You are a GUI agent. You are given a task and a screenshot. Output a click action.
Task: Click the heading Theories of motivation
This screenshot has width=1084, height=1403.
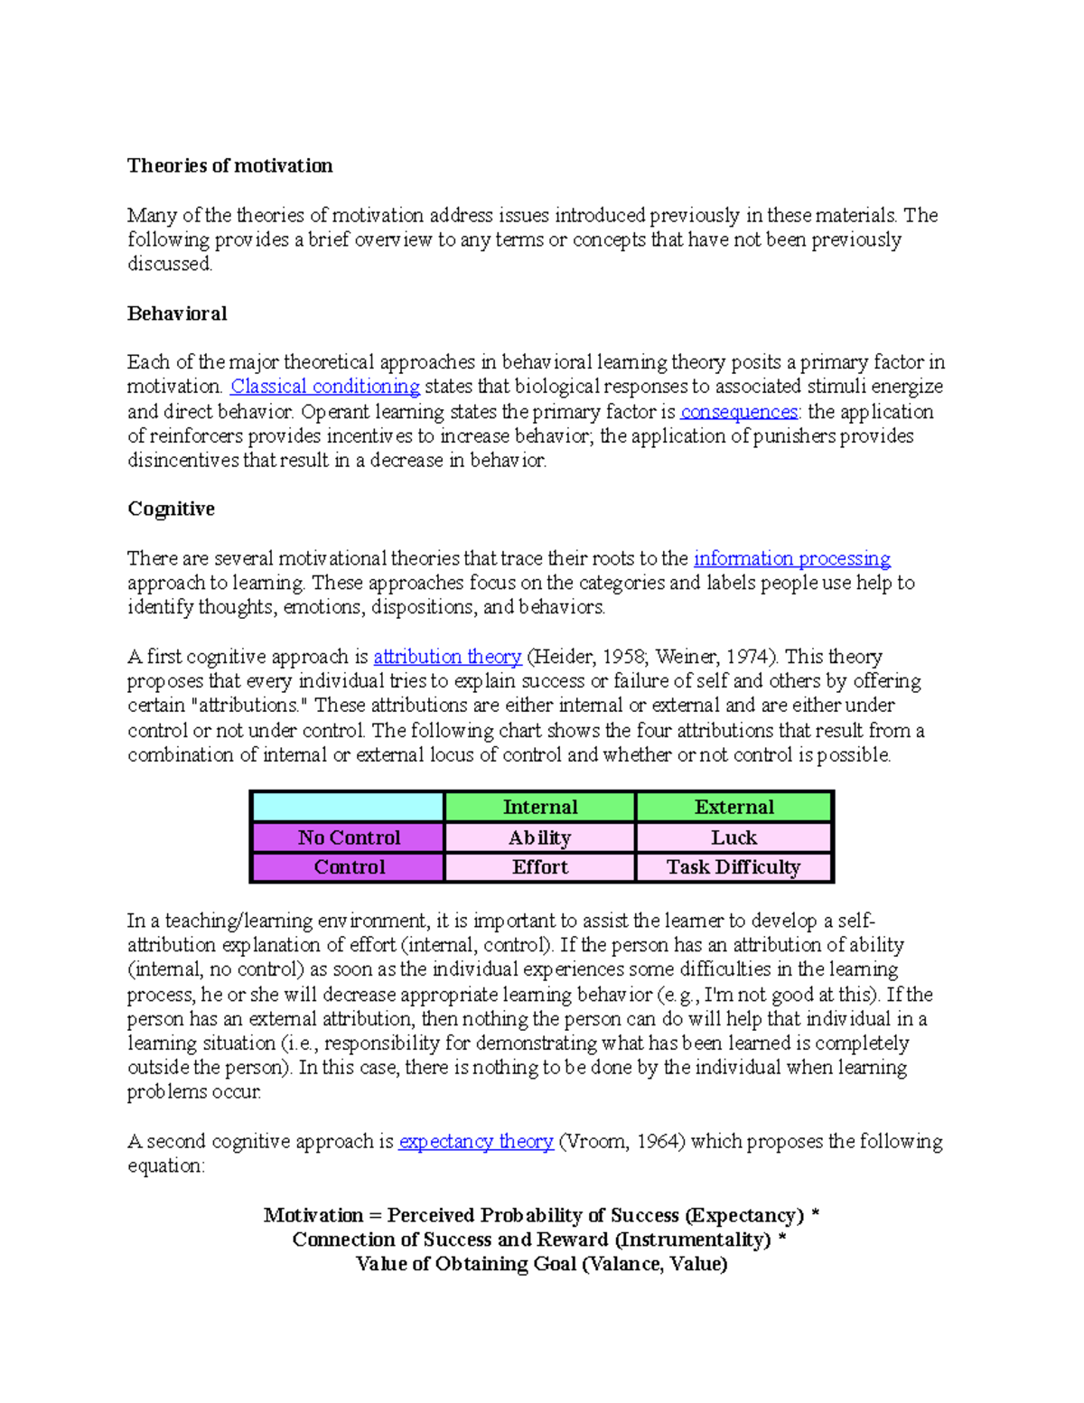[x=229, y=165]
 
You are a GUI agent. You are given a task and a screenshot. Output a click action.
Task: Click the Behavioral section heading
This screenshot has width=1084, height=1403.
[x=177, y=313]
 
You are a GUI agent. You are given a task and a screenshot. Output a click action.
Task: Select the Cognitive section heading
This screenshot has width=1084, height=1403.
[x=171, y=509]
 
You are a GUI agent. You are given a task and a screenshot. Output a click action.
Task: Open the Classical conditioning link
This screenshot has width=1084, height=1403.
[x=325, y=387]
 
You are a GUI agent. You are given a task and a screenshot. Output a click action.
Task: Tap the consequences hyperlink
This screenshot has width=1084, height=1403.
[x=739, y=412]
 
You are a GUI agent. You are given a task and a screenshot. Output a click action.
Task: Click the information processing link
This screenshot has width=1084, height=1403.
[x=791, y=558]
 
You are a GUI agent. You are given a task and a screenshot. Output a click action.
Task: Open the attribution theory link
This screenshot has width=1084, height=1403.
[x=447, y=657]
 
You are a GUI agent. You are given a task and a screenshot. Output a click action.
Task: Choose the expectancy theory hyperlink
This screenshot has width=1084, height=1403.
[x=476, y=1141]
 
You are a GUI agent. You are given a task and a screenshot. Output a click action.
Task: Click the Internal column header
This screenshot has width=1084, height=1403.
[x=539, y=807]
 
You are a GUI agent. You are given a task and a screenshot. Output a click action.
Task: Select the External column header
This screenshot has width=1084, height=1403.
[x=734, y=807]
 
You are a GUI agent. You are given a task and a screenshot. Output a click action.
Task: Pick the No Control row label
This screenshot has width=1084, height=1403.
[x=349, y=837]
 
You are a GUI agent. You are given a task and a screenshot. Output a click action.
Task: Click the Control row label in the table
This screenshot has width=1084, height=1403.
[x=349, y=867]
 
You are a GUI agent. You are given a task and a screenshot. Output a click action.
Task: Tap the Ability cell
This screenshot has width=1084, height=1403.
[x=539, y=837]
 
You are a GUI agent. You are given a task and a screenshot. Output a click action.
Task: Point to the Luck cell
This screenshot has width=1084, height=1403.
[x=734, y=837]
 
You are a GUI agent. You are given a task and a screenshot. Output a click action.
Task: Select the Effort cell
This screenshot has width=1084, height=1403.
[x=539, y=867]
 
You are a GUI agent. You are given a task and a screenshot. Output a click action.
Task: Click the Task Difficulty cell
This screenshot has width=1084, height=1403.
[x=734, y=867]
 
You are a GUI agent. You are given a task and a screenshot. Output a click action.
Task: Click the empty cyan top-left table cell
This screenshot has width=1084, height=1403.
[x=349, y=807]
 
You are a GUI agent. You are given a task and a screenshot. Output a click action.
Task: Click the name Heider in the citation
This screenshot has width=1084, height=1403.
[x=565, y=657]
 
